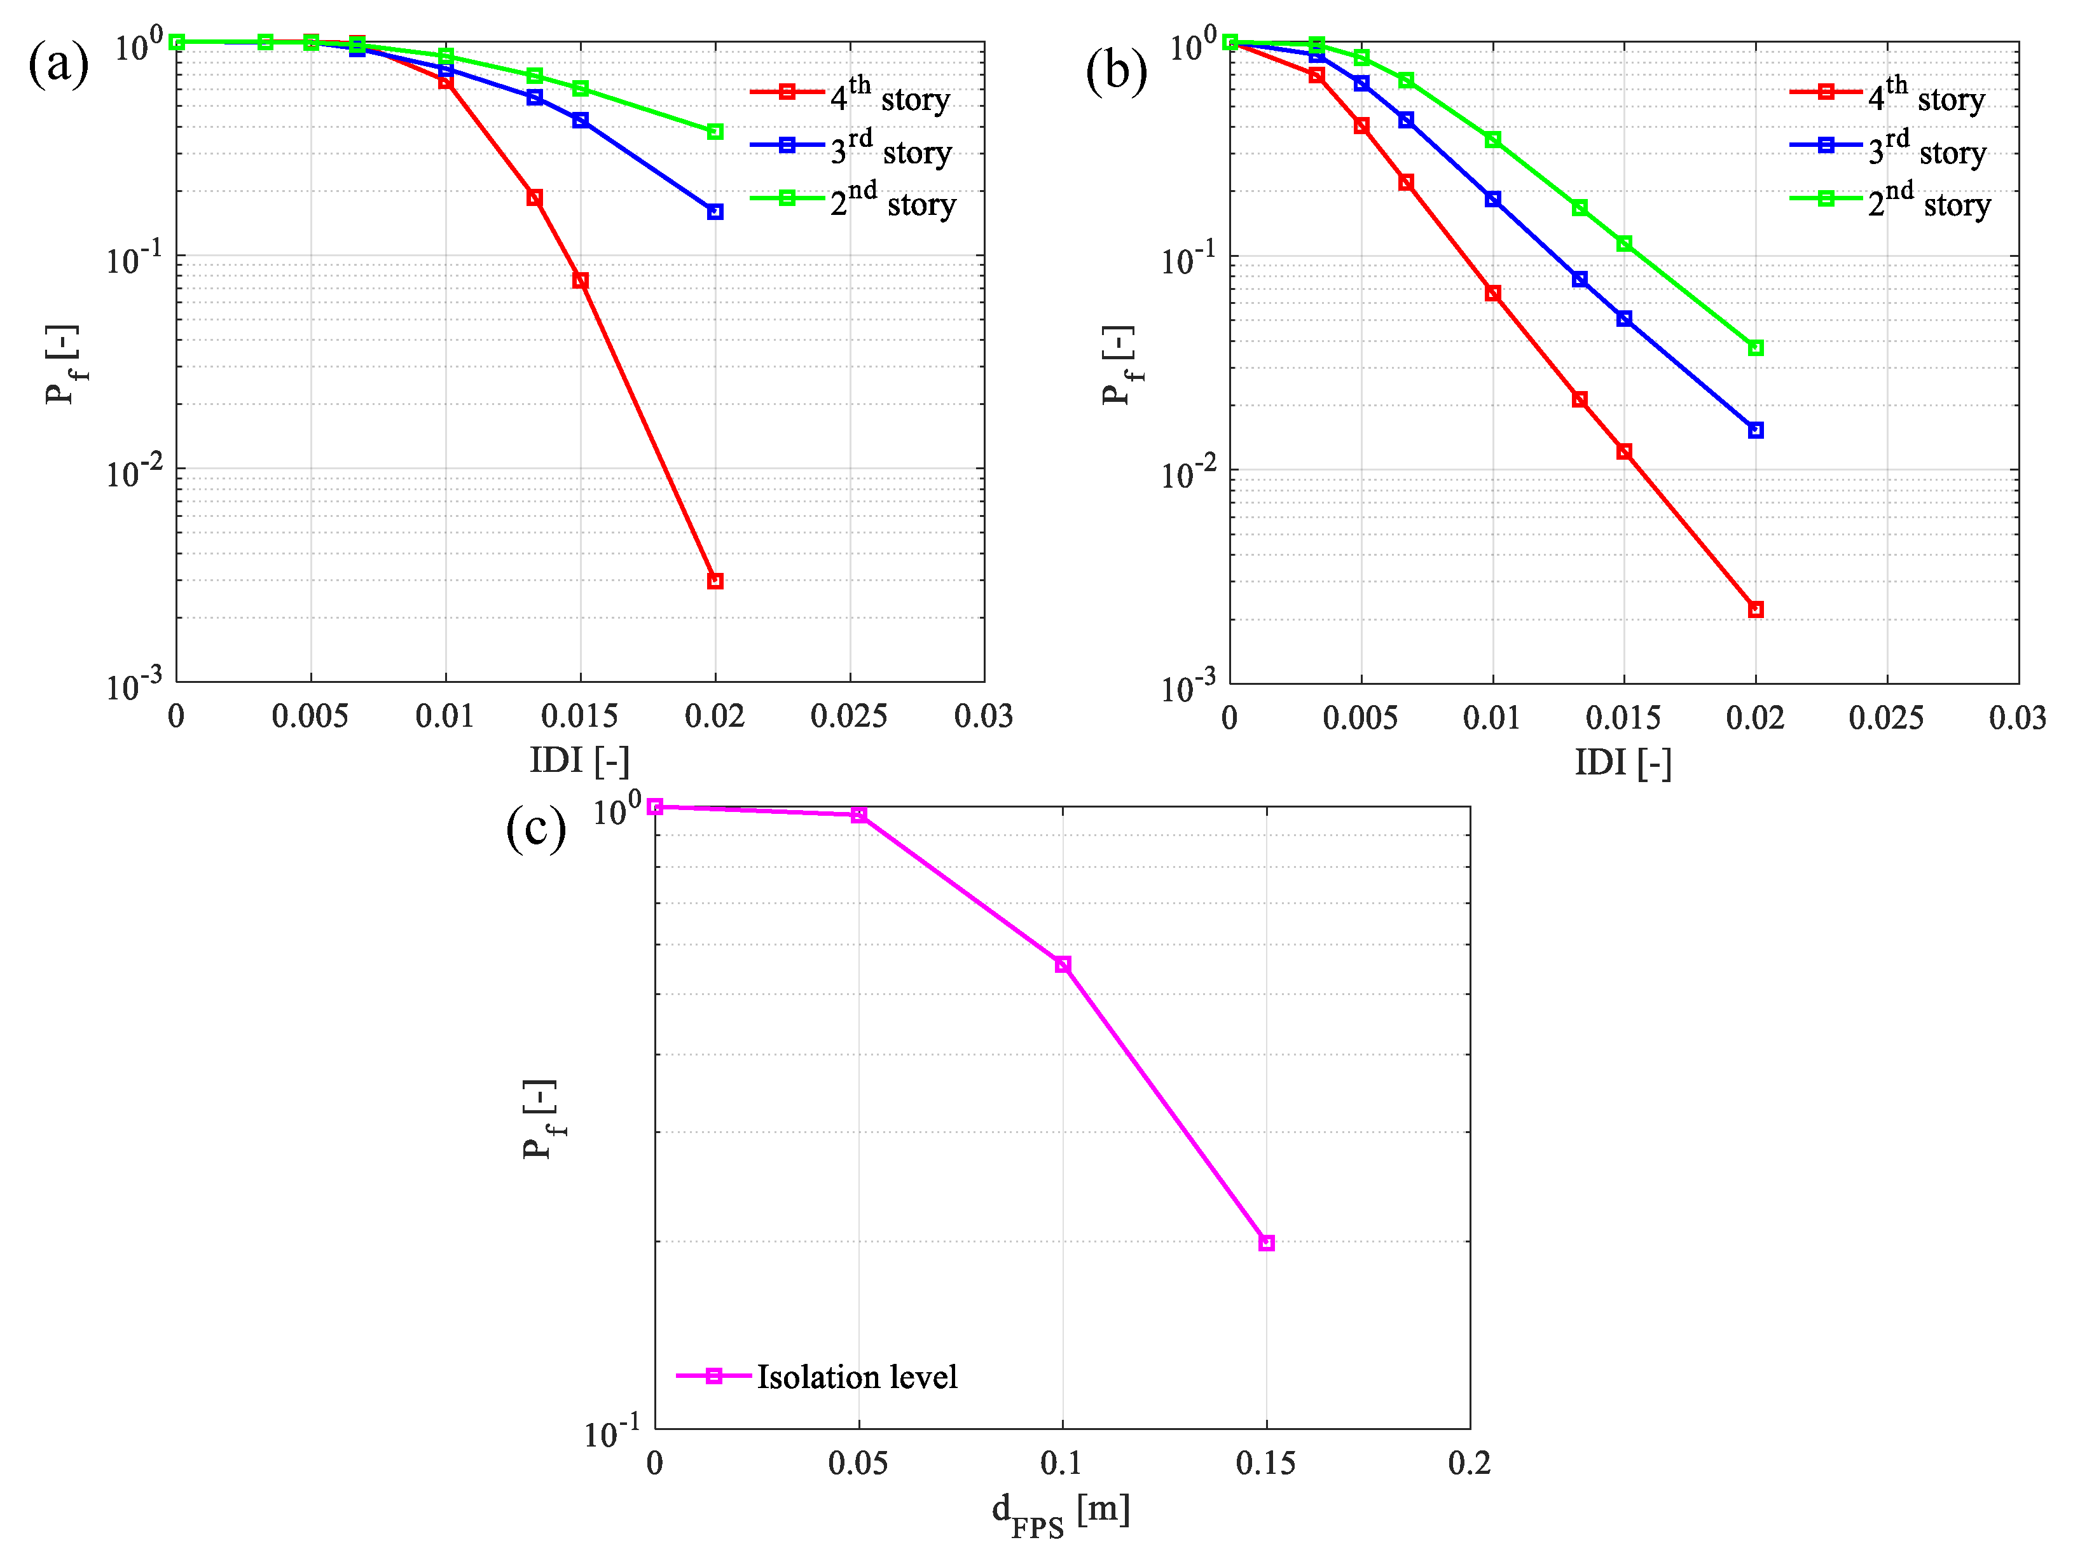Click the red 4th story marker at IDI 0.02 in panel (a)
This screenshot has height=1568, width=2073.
[x=715, y=581]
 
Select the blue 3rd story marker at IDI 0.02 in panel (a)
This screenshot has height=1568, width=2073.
[x=715, y=212]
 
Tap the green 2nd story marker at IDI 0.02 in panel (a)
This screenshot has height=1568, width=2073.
[x=715, y=132]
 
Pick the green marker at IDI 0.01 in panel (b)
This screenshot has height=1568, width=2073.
[x=1493, y=140]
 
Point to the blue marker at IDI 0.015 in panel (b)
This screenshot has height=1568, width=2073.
[x=1624, y=319]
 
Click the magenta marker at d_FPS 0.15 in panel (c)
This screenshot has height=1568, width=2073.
[x=1266, y=1243]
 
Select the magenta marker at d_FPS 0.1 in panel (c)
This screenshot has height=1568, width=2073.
[x=1063, y=965]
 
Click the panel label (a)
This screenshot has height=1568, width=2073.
[x=58, y=65]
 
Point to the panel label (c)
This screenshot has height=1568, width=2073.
[x=535, y=829]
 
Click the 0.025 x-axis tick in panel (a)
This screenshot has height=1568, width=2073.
[x=848, y=717]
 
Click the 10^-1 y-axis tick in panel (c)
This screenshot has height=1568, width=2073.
[x=612, y=1433]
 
